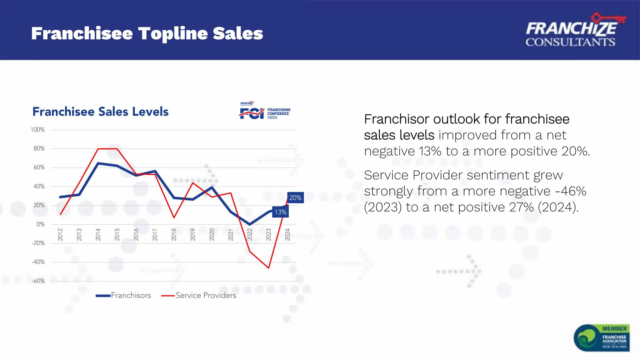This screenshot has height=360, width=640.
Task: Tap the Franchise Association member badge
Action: (x=602, y=338)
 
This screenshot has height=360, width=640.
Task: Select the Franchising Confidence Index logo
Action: (x=265, y=111)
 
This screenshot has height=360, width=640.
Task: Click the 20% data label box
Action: (x=295, y=198)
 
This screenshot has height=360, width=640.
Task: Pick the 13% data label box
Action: (x=280, y=212)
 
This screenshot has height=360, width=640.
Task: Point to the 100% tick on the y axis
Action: (x=38, y=130)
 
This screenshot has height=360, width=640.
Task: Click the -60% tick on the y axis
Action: (x=38, y=281)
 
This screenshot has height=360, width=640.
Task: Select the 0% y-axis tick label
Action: (x=41, y=224)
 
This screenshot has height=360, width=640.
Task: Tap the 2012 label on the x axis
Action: (x=60, y=234)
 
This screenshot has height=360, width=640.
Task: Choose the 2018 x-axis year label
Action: (x=174, y=234)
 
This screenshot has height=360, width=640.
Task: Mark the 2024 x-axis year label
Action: (x=287, y=234)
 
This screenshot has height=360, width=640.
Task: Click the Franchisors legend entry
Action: (x=123, y=295)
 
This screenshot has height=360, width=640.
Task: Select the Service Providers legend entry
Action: (x=199, y=295)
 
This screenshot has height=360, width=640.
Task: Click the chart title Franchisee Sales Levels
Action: (x=100, y=112)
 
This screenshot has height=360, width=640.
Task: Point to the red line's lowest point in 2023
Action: (x=269, y=268)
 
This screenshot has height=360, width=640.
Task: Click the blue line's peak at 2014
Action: (x=98, y=163)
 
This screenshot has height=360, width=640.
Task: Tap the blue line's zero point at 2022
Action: (x=250, y=224)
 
